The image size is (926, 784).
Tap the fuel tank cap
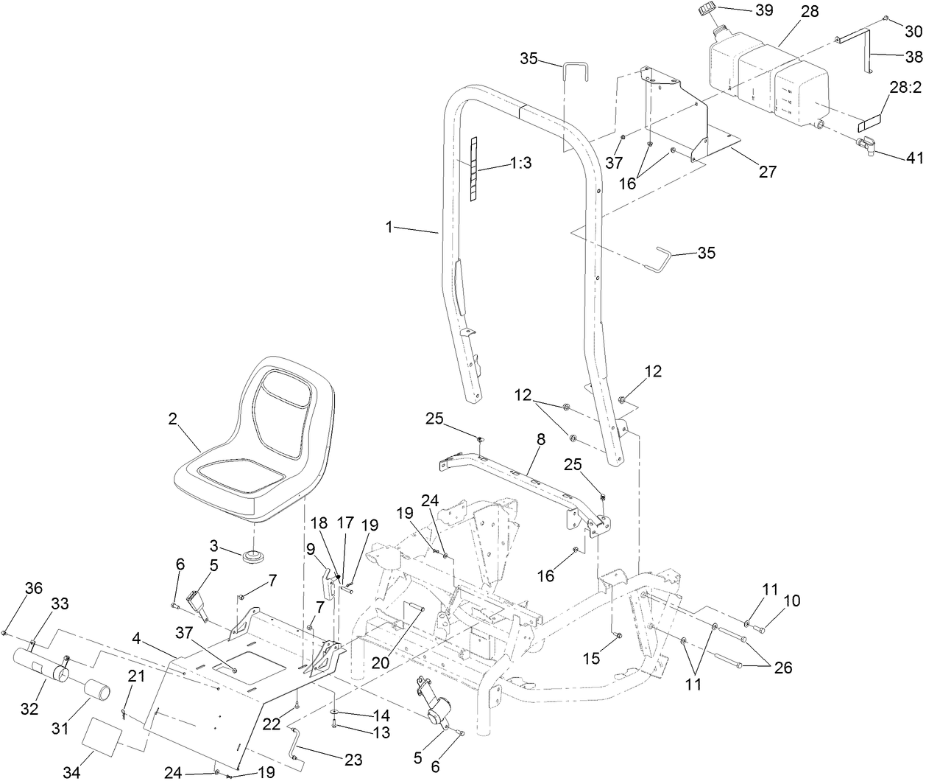(x=707, y=12)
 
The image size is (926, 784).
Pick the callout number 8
(x=541, y=439)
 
